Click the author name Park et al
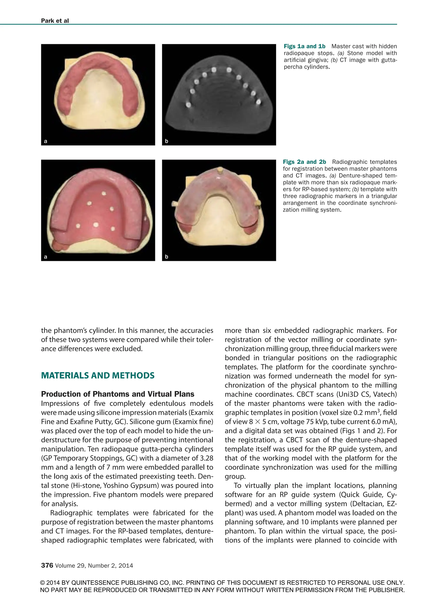55,21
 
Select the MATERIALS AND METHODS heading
98,376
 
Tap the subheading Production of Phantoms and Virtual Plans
118,394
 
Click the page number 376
47,565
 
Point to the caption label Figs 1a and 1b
304,46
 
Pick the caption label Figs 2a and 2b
304,162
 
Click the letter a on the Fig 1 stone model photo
45,141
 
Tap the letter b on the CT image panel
166,141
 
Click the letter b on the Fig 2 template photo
166,257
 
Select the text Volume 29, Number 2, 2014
94,566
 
